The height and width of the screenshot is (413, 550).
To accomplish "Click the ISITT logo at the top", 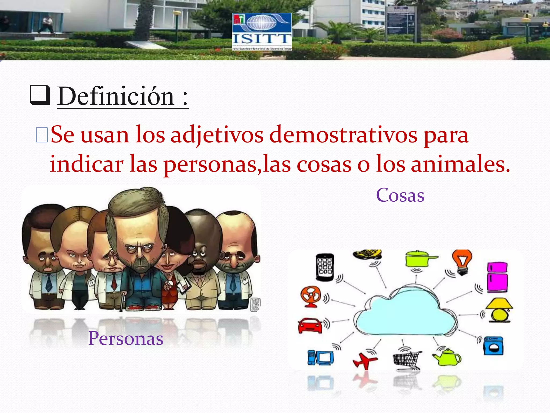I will tap(262, 31).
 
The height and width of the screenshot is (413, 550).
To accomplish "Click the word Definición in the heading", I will tap(116, 96).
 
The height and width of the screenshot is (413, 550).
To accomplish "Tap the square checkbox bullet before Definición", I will tap(40, 95).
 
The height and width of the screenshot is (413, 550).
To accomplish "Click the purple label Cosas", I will tap(400, 195).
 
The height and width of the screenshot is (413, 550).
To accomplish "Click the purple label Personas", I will tap(126, 338).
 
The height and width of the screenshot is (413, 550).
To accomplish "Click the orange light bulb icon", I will tap(462, 262).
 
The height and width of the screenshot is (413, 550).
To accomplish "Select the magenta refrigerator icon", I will tap(497, 277).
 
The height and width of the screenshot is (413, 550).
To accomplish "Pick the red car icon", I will tap(310, 325).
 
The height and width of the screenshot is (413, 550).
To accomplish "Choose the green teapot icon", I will tap(447, 357).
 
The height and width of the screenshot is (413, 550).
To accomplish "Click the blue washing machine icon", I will tap(493, 346).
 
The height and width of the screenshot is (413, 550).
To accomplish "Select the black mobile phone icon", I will tap(325, 267).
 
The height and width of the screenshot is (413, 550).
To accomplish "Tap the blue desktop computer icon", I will tap(321, 358).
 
